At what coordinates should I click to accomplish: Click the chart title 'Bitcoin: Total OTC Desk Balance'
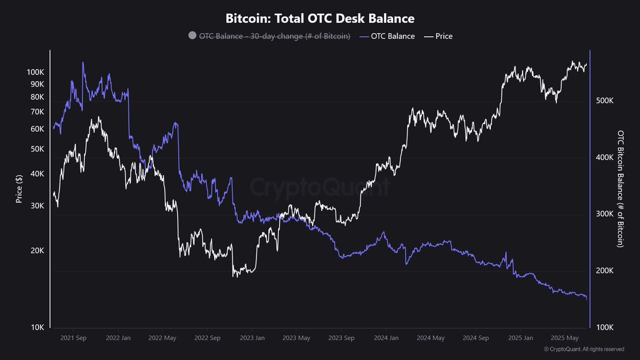pos(320,18)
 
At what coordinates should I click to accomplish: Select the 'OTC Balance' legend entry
pos(393,36)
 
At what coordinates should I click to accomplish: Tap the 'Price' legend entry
pos(443,36)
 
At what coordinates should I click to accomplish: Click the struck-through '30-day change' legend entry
pos(275,36)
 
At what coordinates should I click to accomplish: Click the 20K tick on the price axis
pos(36,251)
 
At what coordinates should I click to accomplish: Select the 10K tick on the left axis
pos(36,327)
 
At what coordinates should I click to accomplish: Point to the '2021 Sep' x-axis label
pos(74,338)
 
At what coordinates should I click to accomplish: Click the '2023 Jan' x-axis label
pos(252,338)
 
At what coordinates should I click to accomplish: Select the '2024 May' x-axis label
pos(431,338)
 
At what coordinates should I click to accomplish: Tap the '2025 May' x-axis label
pos(565,338)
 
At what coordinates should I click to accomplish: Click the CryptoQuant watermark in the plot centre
pos(320,188)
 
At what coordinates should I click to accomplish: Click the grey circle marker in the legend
pos(192,36)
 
